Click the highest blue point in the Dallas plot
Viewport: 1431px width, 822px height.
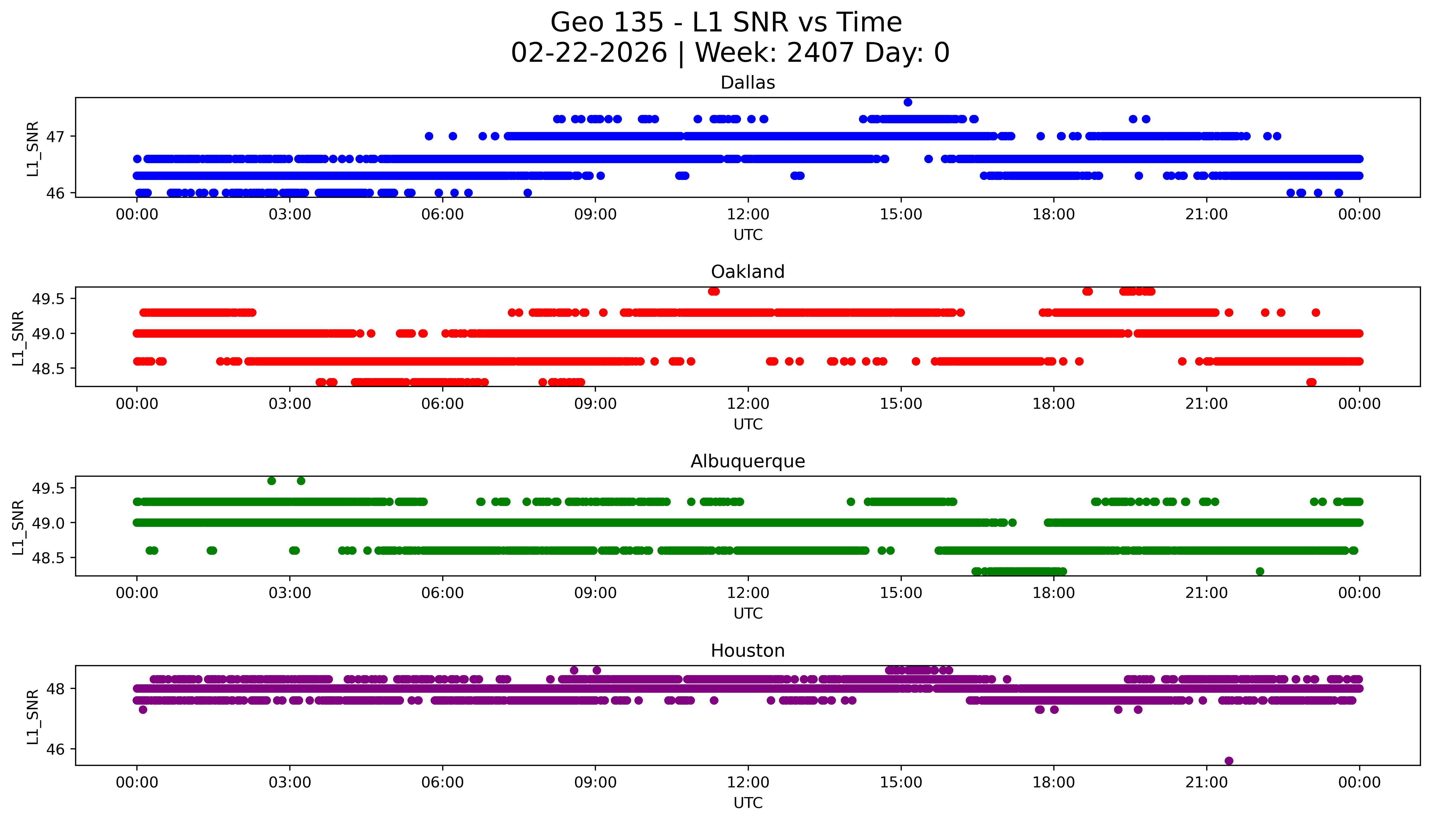tap(907, 102)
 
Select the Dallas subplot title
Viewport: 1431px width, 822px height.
tap(748, 83)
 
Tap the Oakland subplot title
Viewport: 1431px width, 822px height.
tap(748, 272)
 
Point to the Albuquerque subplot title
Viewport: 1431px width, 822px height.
tap(748, 461)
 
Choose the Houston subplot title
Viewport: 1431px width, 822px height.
tap(748, 651)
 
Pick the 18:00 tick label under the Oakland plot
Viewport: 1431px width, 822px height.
tap(1054, 404)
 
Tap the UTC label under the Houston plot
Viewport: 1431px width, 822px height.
tap(748, 803)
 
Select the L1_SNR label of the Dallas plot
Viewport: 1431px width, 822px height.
tap(33, 148)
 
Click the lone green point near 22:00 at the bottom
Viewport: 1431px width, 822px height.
tap(1260, 571)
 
